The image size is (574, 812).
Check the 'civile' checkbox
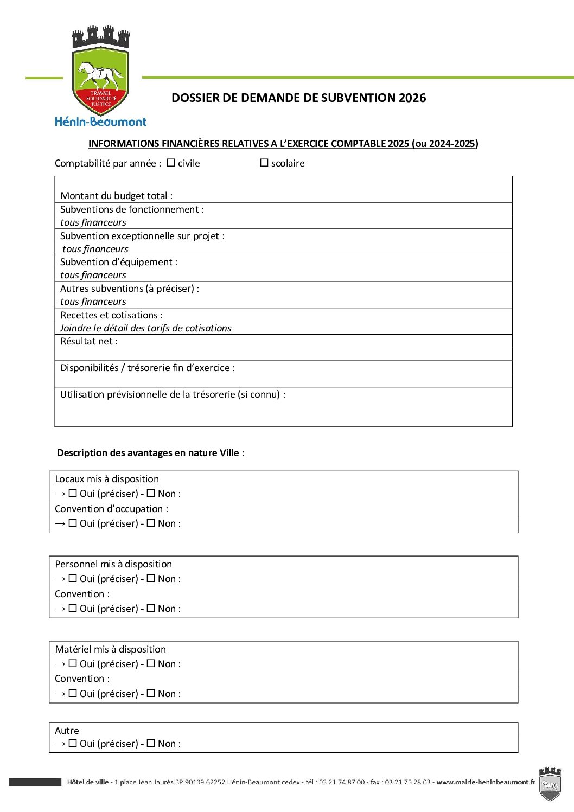pos(171,163)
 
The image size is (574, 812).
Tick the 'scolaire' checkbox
pos(264,163)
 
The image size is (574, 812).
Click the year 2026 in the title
pos(412,98)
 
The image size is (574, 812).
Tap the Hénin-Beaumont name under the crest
pos(100,122)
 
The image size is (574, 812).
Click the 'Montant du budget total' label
pos(117,196)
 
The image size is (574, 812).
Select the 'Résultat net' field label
pos(89,341)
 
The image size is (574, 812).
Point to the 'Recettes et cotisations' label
pos(111,315)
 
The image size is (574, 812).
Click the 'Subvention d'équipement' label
pos(119,262)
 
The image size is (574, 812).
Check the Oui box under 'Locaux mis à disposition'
pos(73,494)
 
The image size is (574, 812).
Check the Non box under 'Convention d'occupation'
pos(151,523)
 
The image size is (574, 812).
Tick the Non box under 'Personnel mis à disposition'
pos(151,579)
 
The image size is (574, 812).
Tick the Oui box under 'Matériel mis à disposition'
pos(73,664)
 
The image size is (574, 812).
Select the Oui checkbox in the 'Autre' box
pos(73,744)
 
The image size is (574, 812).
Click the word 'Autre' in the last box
pos(67,731)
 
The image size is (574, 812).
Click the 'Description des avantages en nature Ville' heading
pos(148,453)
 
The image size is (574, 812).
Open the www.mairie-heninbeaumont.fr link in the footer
pos(486,782)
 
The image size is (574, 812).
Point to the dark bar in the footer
pos(35,782)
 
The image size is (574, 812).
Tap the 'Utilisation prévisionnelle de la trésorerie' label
pos(173,394)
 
